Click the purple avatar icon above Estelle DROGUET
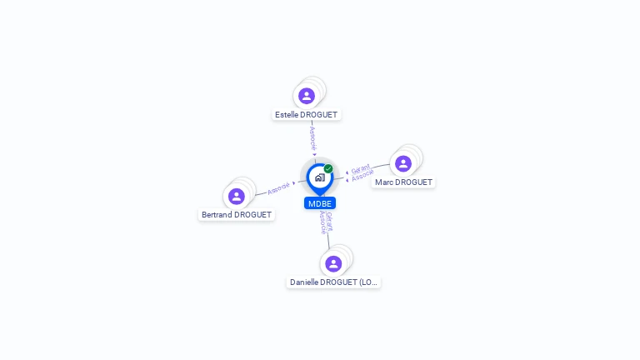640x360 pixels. [307, 96]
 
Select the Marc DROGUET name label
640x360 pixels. [403, 182]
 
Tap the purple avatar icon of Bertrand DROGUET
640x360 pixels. [237, 196]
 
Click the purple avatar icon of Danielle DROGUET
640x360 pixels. [333, 263]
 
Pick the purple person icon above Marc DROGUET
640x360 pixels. [403, 163]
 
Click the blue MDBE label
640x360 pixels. [320, 203]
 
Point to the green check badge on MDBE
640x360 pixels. [328, 168]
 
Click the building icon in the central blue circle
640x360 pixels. [319, 177]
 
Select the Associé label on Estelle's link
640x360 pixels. [312, 137]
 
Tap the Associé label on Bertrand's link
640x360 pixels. [279, 187]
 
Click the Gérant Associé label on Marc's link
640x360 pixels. [361, 173]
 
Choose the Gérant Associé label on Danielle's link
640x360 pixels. [326, 222]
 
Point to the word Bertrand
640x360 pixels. [217, 215]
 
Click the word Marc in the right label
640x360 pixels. [383, 182]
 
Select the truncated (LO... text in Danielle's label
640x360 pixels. [367, 282]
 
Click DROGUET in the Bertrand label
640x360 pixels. [253, 215]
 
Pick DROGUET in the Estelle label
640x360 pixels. [320, 115]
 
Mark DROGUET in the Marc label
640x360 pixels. [413, 182]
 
